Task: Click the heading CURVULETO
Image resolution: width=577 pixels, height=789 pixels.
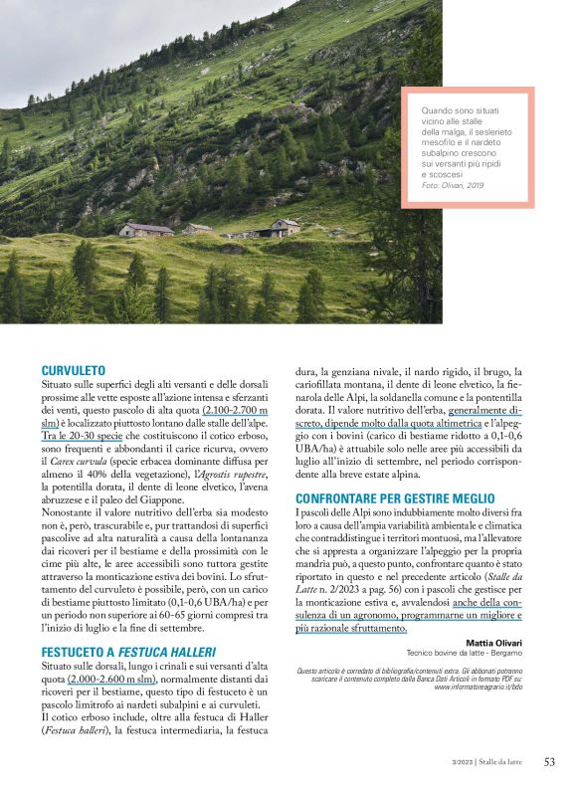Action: pos(74,369)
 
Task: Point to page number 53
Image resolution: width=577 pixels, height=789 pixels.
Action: pos(549,762)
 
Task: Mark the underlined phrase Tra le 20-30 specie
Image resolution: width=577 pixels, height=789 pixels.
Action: pos(83,435)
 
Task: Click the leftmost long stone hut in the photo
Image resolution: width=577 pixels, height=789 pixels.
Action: pos(146,230)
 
